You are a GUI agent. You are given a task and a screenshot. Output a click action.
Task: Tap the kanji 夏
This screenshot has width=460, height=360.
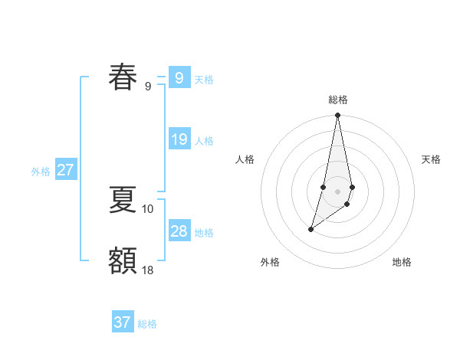tap(123, 199)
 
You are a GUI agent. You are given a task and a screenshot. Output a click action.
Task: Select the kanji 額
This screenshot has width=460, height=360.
tap(123, 260)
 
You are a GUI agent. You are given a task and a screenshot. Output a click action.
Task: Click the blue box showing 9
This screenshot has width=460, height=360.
tap(179, 78)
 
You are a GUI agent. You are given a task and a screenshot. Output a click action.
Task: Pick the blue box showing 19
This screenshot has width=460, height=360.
tap(179, 139)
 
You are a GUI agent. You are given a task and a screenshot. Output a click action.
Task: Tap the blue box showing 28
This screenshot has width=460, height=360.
tap(179, 231)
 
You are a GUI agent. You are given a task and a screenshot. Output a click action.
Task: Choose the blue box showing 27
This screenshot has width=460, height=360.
tap(65, 170)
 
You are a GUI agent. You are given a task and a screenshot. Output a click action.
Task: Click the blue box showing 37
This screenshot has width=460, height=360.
tap(123, 322)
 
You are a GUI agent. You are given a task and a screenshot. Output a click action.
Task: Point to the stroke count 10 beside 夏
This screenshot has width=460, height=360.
tap(148, 208)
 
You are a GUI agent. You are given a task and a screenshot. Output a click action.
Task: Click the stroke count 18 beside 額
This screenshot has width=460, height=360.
tap(148, 270)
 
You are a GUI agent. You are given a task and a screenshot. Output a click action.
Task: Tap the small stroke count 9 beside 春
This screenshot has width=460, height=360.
tap(148, 86)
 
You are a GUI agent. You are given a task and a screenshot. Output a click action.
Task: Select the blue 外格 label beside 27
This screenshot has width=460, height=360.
tap(41, 172)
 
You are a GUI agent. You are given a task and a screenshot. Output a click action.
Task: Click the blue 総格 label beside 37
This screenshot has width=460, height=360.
tap(147, 324)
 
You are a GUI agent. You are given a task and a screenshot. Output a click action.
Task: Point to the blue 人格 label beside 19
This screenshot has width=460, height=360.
tap(204, 141)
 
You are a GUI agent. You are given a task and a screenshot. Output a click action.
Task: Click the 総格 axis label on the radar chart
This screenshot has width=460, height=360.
tap(338, 100)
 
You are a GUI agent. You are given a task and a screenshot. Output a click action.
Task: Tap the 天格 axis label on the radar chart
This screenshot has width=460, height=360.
tap(432, 159)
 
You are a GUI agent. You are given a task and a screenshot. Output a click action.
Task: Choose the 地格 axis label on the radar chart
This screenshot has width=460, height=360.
tap(402, 262)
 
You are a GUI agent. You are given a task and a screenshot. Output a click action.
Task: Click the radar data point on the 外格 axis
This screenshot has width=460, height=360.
tap(310, 229)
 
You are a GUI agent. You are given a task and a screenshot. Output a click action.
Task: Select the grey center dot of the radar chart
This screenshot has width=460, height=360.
tap(338, 191)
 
